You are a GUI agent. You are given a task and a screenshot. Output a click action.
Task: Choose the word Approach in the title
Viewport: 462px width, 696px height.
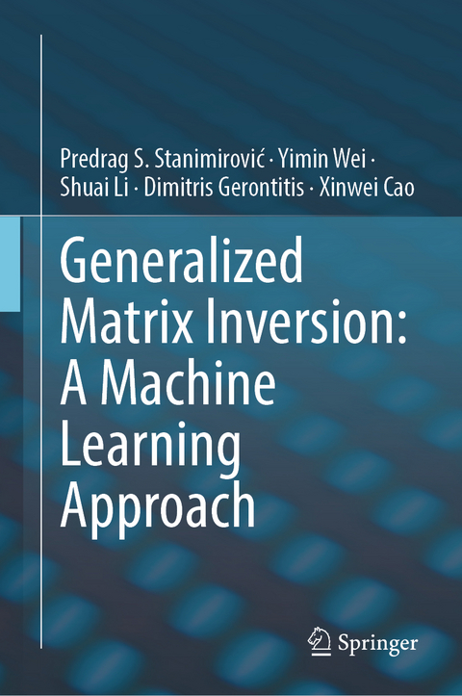pyautogui.click(x=158, y=507)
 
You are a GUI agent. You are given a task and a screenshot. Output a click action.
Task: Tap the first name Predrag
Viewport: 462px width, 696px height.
pyautogui.click(x=94, y=158)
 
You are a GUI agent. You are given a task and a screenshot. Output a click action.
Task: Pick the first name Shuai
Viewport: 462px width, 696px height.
pyautogui.click(x=83, y=189)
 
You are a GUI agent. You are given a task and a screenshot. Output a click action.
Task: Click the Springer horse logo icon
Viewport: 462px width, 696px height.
pyautogui.click(x=320, y=638)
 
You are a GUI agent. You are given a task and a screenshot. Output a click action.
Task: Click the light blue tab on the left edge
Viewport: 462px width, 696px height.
pyautogui.click(x=10, y=263)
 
